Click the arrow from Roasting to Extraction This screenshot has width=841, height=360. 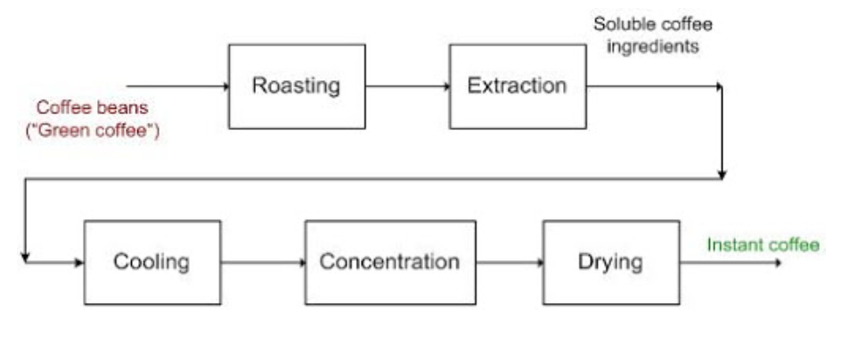point(407,87)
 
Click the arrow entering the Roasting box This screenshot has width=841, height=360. point(178,87)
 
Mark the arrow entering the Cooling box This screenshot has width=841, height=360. point(53,263)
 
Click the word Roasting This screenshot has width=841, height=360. point(297,87)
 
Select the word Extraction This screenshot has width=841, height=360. point(517,86)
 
